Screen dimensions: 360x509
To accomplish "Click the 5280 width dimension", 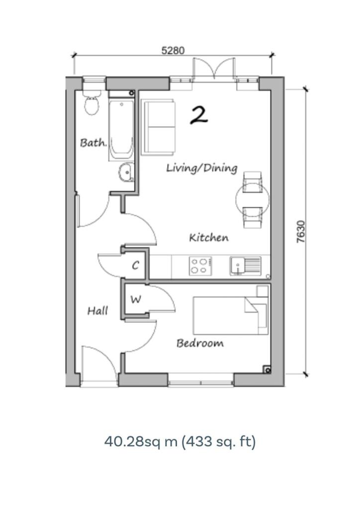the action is tap(173, 51).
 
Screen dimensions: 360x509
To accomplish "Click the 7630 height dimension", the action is tap(301, 232).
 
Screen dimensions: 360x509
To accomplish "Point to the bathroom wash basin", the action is tap(126, 172).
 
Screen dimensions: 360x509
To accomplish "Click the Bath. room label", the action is tap(93, 143).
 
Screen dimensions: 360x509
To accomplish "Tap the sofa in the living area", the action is tap(158, 128).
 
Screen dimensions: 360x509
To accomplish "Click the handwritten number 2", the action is tap(198, 115).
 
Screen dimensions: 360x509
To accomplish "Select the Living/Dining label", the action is tap(201, 168).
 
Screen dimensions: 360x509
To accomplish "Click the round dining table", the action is tap(252, 200).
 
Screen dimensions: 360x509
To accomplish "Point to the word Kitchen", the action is tap(209, 238).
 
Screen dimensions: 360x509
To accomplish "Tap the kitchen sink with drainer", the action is tap(246, 266).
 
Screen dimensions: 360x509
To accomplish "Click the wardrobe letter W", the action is tap(136, 299).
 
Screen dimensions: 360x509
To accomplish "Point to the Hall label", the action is tap(97, 311).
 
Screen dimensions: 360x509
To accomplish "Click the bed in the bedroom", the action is tap(231, 315).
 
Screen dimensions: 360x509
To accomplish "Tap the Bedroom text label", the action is tap(200, 343).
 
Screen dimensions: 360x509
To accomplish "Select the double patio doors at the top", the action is tap(214, 69).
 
